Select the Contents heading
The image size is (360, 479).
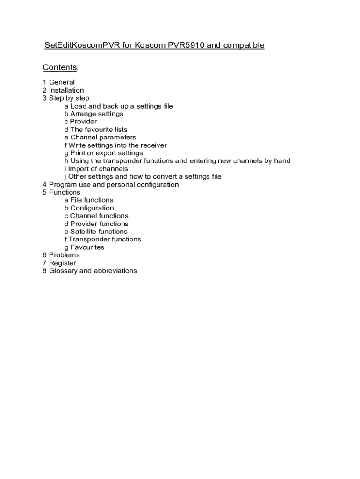pos(59,67)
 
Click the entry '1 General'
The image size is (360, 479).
pos(58,82)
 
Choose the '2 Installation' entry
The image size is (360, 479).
pos(63,90)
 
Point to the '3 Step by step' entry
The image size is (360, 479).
pos(65,98)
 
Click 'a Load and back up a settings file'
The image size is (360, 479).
pos(118,106)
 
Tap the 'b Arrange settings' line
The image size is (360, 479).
pos(94,114)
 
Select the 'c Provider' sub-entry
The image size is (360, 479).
pos(80,122)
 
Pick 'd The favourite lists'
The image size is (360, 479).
pos(96,130)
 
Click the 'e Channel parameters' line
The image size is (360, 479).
pos(100,138)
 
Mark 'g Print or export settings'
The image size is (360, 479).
pos(103,153)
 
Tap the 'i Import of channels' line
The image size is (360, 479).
pos(96,169)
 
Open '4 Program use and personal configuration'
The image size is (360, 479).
pos(110,184)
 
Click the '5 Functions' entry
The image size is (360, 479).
pos(61,192)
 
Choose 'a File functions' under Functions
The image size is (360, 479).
pos(89,200)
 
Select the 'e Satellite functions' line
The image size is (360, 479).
pos(95,232)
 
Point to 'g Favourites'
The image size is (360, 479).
pos(84,247)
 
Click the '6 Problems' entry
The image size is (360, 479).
pos(61,255)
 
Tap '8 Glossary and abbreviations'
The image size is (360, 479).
pos(90,271)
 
